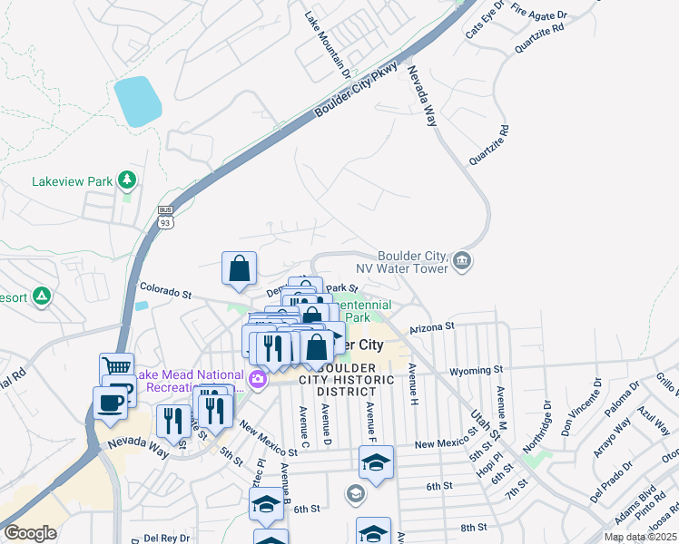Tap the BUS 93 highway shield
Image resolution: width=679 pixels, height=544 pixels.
click(165, 216)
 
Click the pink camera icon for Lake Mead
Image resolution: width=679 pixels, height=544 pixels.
click(258, 377)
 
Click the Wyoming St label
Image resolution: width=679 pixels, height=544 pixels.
click(477, 371)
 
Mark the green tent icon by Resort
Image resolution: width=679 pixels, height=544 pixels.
click(41, 296)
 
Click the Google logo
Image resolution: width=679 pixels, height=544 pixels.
click(30, 533)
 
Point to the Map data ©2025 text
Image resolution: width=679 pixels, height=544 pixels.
click(639, 537)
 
